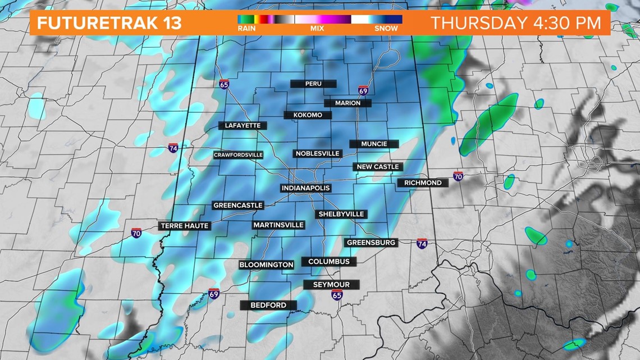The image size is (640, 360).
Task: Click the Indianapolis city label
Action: click(305, 188)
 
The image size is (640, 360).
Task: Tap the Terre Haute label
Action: click(185, 226)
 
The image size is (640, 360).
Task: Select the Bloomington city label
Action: click(266, 265)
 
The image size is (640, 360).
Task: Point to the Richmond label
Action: click(423, 183)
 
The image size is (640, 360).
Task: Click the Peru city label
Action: click(313, 84)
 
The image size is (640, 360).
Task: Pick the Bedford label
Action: click(268, 305)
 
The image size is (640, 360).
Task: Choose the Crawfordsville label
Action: click(238, 155)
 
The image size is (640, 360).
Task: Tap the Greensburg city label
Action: click(371, 243)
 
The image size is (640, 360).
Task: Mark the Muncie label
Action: click(374, 144)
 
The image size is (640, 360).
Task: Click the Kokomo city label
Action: click(308, 115)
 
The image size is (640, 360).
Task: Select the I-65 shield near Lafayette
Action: click(224, 84)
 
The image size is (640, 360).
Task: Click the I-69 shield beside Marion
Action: click(363, 91)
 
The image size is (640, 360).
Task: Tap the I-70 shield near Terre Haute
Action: click(136, 233)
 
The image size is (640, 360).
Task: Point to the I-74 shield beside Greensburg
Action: click(422, 243)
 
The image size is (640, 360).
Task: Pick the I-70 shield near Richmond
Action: click(458, 176)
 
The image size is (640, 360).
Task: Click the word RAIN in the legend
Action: click(246, 28)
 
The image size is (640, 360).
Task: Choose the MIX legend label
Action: click(318, 28)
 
